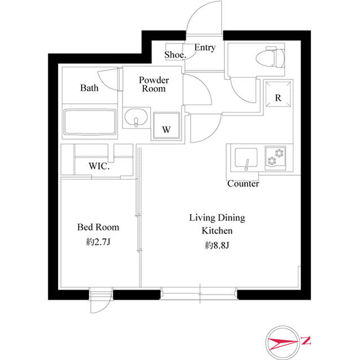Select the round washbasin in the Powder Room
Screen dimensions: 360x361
[x=136, y=121]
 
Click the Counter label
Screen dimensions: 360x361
[x=243, y=184]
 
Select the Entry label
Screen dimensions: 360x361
[x=204, y=48]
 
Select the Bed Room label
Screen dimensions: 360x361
[x=98, y=227]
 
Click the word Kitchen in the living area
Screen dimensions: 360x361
[x=217, y=231]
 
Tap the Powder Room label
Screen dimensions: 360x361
[x=154, y=85]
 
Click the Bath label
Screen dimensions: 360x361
[x=89, y=88]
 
